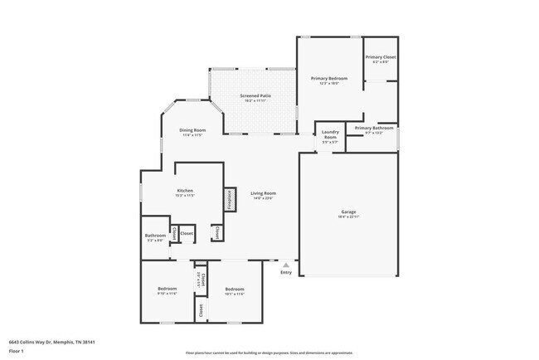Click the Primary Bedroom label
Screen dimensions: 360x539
pos(329,78)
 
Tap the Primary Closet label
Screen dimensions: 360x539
pos(381,57)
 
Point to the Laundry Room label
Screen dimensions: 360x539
pos(329,134)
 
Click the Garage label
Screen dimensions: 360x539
pos(347,212)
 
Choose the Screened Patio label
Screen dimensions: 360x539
pos(255,95)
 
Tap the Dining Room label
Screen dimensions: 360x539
pos(192,130)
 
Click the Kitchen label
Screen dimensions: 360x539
pos(185,191)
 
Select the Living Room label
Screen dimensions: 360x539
pos(263,193)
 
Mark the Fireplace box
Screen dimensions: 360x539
pos(227,199)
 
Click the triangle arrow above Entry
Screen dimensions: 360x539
pos(286,265)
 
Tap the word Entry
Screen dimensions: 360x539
pos(286,272)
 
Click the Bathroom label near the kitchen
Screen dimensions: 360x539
pos(156,236)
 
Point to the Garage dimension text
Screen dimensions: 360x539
pos(347,216)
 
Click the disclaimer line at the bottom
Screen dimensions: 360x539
pos(269,352)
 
